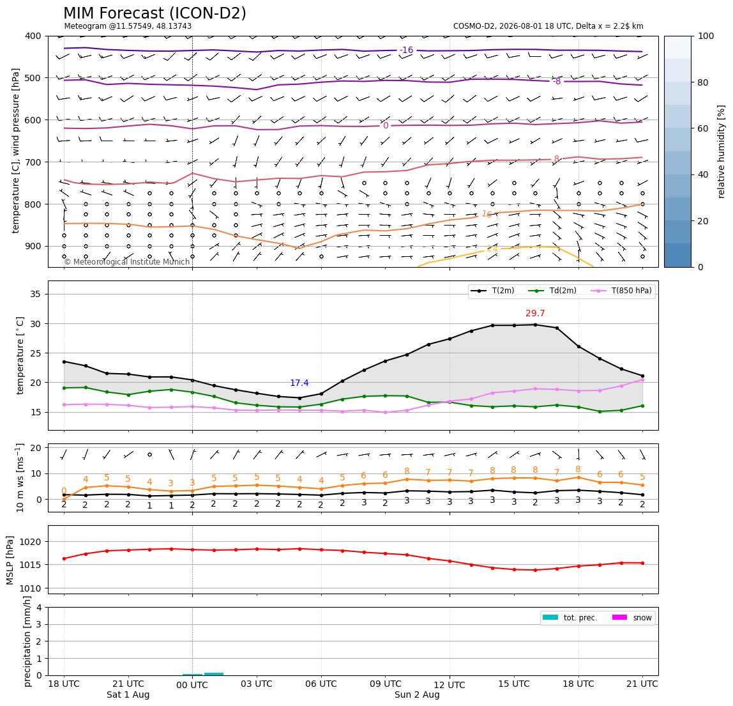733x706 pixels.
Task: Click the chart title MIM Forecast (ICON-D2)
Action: coord(155,13)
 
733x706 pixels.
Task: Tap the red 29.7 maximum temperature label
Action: coord(535,314)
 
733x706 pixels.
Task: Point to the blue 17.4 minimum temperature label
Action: coord(299,383)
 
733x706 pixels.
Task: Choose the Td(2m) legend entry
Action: coord(552,291)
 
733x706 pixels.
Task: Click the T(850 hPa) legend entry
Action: coord(621,291)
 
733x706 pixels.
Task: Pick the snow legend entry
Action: coord(632,618)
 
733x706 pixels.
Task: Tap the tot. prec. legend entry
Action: coord(570,618)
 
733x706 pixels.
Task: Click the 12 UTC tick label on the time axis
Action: coord(450,685)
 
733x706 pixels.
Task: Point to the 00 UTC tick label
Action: coord(192,685)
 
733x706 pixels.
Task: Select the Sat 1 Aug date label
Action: coord(128,694)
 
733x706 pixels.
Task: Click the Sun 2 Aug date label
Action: coord(417,694)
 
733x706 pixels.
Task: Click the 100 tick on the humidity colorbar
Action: coord(706,36)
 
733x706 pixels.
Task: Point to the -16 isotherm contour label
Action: coord(407,50)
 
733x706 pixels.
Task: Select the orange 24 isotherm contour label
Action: coord(492,249)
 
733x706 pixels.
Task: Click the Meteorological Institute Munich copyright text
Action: coord(127,261)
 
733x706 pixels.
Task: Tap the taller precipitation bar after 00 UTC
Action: coord(214,674)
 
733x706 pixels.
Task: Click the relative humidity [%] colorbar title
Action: coord(722,151)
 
